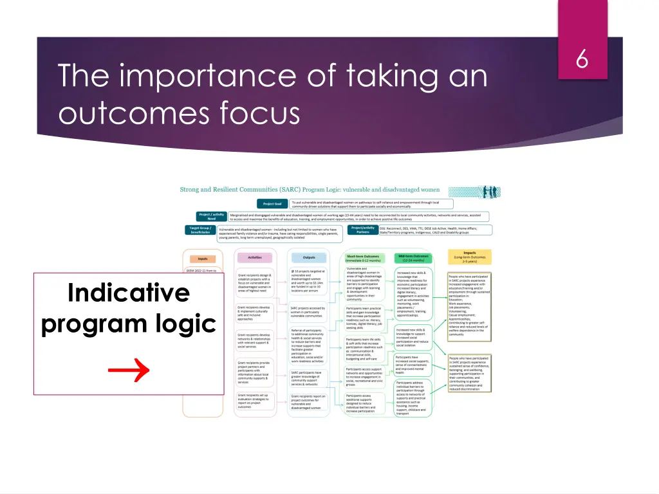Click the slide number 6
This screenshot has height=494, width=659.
(x=582, y=59)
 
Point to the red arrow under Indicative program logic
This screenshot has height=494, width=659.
(x=128, y=370)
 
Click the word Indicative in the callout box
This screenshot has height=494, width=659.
(x=129, y=293)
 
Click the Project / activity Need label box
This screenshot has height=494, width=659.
(x=212, y=217)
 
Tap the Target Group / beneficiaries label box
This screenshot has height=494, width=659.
(x=200, y=230)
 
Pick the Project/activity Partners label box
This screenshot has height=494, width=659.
(x=363, y=230)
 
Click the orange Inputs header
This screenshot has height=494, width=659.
(x=203, y=258)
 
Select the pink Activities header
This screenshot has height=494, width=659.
(x=255, y=257)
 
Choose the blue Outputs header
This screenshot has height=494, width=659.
(x=308, y=257)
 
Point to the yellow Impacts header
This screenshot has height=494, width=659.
(x=470, y=256)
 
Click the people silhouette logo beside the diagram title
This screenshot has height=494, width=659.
(x=474, y=192)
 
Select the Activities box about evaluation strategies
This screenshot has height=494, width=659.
(x=255, y=401)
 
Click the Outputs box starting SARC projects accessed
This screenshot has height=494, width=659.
(x=308, y=312)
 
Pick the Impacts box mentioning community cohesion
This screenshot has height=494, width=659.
(x=469, y=373)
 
